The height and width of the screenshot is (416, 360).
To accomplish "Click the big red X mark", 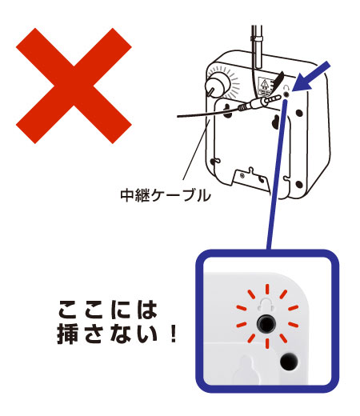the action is [74, 86].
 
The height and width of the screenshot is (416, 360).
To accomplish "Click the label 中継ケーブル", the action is [166, 195].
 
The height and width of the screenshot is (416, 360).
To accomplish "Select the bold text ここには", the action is [107, 310].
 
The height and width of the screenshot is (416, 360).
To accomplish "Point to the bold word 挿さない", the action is [107, 334].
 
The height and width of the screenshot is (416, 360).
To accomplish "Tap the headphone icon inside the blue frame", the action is [266, 305].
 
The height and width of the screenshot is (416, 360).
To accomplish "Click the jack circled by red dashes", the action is [266, 323].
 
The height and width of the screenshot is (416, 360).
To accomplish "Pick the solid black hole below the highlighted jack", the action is [289, 362].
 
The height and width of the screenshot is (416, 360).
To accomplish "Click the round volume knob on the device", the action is [218, 84].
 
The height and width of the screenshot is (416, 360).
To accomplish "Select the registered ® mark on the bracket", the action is [242, 175].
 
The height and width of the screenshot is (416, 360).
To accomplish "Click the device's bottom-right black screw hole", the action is [299, 184].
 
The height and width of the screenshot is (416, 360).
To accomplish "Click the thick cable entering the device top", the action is [257, 46].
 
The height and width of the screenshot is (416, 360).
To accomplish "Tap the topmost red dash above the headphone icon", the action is [267, 290].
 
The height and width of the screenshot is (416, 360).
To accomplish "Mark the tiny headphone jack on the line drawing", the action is [286, 94].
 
